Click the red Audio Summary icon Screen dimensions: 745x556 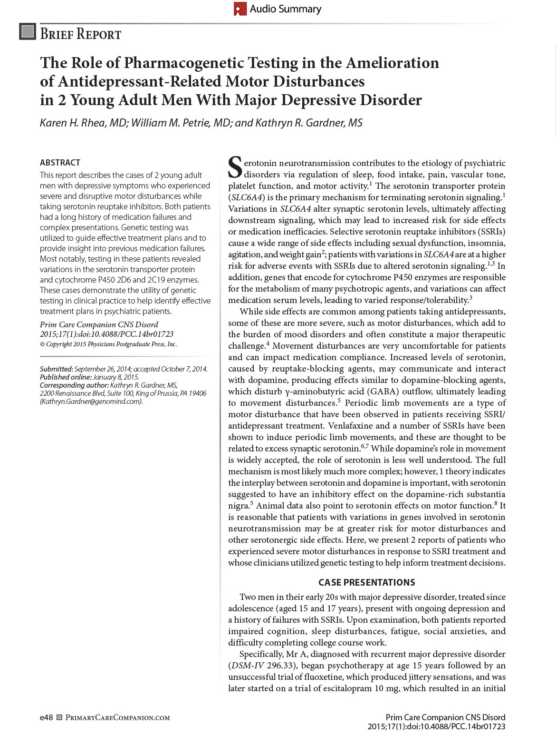point(240,9)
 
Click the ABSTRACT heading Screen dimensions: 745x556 point(60,163)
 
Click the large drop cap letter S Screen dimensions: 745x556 point(236,166)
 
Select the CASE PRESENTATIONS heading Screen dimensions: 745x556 point(366,582)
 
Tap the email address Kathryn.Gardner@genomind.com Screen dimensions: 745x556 point(91,402)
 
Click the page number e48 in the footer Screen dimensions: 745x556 point(46,717)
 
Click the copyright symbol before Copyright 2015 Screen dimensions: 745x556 point(42,344)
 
